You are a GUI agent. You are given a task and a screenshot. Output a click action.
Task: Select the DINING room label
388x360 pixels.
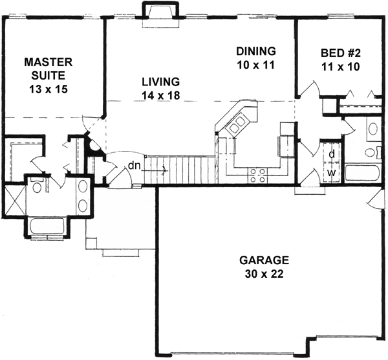pos(256,51)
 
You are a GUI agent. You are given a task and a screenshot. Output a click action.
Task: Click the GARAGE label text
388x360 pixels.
pos(264,260)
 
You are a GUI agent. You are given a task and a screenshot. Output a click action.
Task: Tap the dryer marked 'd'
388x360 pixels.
pos(331,154)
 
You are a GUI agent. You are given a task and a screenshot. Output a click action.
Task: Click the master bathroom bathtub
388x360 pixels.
pos(46,227)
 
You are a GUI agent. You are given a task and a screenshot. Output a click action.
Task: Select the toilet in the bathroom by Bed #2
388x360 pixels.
pos(371,153)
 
